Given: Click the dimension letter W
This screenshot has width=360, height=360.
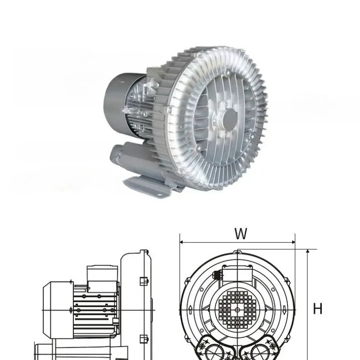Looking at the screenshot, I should click(241, 234).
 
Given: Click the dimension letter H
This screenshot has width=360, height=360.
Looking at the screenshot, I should click(318, 309).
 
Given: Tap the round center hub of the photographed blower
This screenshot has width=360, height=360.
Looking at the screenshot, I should click(230, 118).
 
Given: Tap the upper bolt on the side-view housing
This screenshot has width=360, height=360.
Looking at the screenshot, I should click(143, 281).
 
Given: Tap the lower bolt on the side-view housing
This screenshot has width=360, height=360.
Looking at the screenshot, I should click(143, 338).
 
